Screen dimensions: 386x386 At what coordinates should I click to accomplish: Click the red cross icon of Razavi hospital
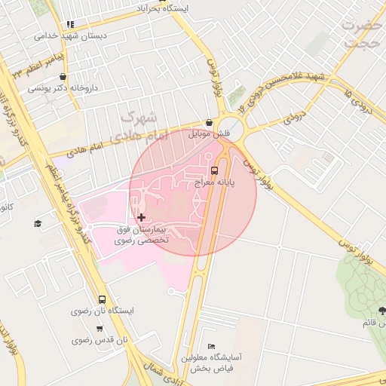coord(141,217)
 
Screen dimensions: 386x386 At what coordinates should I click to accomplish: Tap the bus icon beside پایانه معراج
coord(215,170)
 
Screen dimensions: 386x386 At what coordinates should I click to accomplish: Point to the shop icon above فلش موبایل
coord(209,123)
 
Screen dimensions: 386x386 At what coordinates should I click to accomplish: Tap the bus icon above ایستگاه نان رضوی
coord(102,299)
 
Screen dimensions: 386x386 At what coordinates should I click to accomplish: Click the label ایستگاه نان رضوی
coord(102,311)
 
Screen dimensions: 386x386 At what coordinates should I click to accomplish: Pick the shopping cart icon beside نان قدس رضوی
coord(100,329)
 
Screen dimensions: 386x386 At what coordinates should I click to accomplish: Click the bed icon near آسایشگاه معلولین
coord(211,345)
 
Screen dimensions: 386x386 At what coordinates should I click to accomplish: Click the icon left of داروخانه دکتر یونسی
coord(62,76)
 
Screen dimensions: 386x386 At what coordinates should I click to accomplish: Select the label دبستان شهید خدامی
coord(71,35)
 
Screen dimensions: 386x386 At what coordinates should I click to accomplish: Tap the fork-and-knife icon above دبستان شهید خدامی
coord(70,24)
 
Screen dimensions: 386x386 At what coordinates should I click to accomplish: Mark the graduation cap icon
coord(38,223)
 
